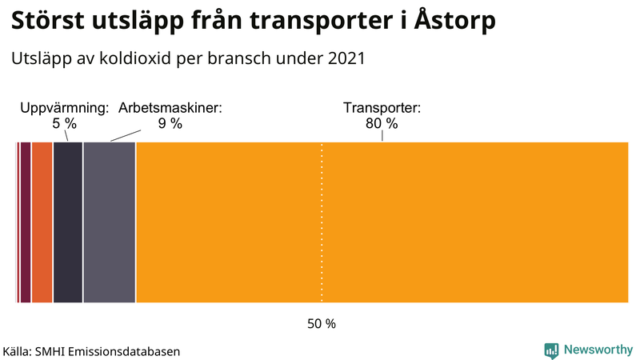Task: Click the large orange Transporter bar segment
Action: [x=382, y=222]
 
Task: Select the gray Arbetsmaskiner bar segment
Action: [x=110, y=222]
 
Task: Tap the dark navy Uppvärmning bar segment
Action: [x=68, y=222]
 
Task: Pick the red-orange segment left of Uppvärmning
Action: [x=42, y=222]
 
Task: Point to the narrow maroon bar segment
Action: [x=26, y=222]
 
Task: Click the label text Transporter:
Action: [x=382, y=108]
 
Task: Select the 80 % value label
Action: [x=382, y=124]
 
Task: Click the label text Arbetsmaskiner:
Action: [x=170, y=108]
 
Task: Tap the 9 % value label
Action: [x=170, y=124]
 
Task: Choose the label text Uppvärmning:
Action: [x=64, y=108]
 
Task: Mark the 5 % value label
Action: [x=64, y=124]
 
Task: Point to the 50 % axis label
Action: [x=322, y=324]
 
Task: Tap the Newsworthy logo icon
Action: [x=551, y=350]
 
